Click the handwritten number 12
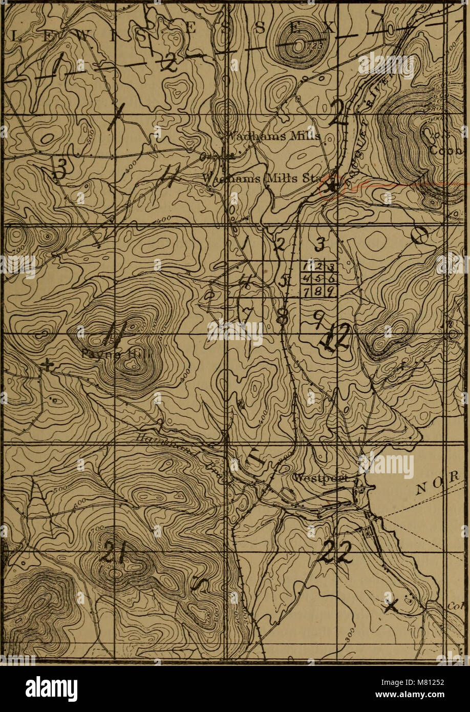click(335, 339)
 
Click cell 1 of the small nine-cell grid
click(307, 267)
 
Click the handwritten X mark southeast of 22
click(391, 606)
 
